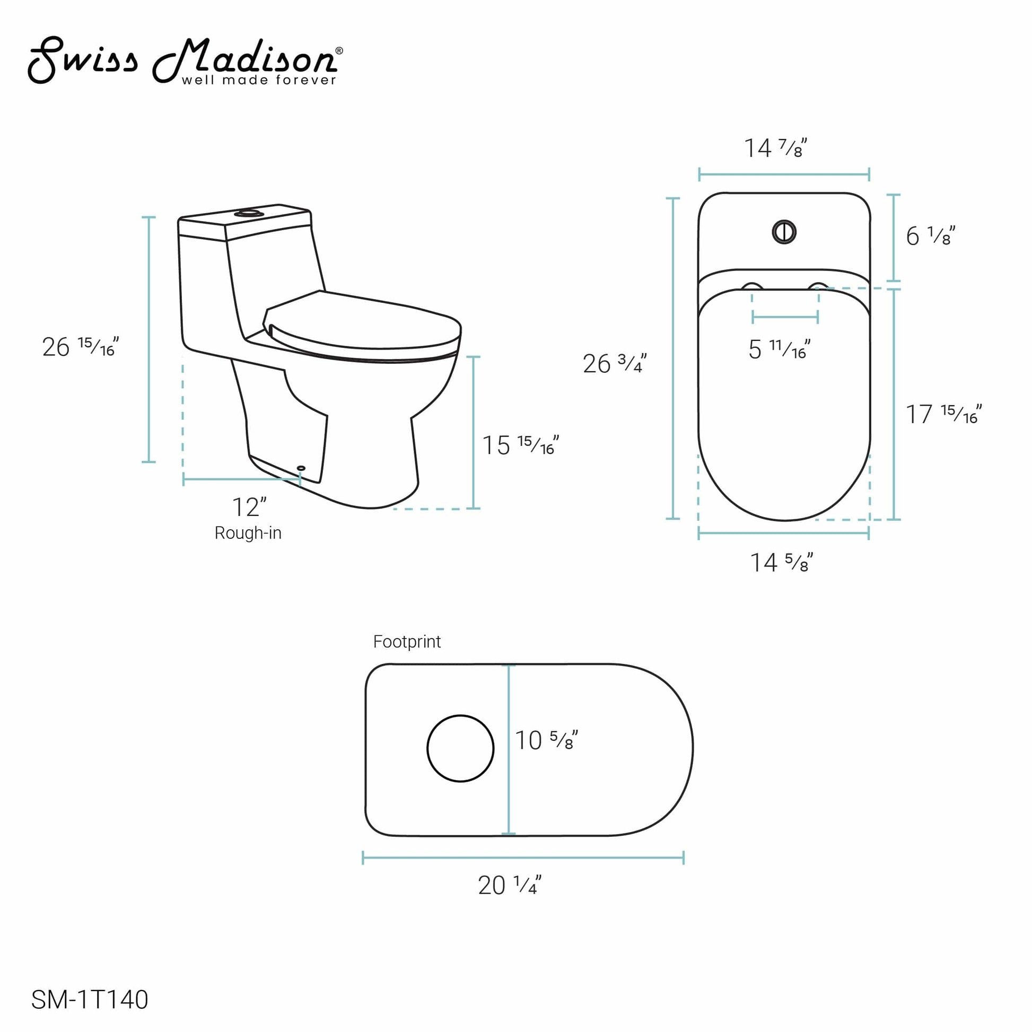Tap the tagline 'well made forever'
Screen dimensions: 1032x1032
coord(259,81)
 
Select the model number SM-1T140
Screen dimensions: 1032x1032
coord(90,1000)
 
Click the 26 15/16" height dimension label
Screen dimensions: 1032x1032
coord(80,347)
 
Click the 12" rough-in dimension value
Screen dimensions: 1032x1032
coord(249,507)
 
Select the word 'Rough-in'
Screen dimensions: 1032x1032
coord(248,532)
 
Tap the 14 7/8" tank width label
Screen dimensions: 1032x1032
coord(775,148)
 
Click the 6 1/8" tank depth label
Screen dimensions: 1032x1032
coord(930,236)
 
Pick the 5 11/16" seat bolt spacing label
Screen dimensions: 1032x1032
coord(779,349)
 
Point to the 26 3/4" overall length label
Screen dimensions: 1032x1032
coord(614,364)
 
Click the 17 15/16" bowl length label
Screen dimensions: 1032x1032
coord(943,414)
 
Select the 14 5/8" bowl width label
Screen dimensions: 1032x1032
coord(781,563)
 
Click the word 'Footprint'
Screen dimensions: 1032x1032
coord(407,642)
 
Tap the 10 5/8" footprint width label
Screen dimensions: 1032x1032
coord(546,740)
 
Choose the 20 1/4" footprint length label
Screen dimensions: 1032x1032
coord(509,885)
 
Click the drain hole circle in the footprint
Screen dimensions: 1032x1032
coord(460,748)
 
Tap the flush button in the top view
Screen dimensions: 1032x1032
coord(784,232)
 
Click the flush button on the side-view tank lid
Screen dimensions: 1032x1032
coord(249,213)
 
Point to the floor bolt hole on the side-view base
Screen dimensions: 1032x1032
coord(301,468)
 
